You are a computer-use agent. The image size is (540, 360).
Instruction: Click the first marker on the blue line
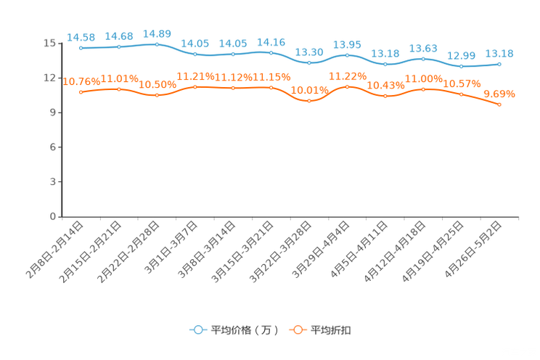(x=81, y=48)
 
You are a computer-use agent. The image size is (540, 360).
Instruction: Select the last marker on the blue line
(x=499, y=64)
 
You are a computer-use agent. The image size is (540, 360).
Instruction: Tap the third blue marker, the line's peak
(x=157, y=44)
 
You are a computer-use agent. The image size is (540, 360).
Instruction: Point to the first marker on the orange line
(x=81, y=92)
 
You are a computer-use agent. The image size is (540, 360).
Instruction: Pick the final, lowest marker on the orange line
(x=499, y=105)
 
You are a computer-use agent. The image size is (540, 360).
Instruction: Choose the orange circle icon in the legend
(x=298, y=330)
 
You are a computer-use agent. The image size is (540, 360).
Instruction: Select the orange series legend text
(x=331, y=330)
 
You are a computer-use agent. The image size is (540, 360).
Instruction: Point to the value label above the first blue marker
(x=81, y=36)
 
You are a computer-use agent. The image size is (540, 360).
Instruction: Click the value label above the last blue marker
(x=499, y=53)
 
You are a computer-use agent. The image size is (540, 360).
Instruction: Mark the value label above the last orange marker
(x=499, y=94)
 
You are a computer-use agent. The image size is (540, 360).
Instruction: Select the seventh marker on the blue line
(x=309, y=63)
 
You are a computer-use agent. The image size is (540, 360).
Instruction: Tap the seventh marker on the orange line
(x=309, y=101)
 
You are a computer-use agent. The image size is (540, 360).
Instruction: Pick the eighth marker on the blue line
(x=347, y=55)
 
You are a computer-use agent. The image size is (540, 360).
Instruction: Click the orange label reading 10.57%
(x=462, y=83)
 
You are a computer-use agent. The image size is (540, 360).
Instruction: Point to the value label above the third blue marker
(x=157, y=33)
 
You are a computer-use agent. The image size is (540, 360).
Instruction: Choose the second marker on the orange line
(x=119, y=89)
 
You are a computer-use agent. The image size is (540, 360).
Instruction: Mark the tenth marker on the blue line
(x=423, y=59)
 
